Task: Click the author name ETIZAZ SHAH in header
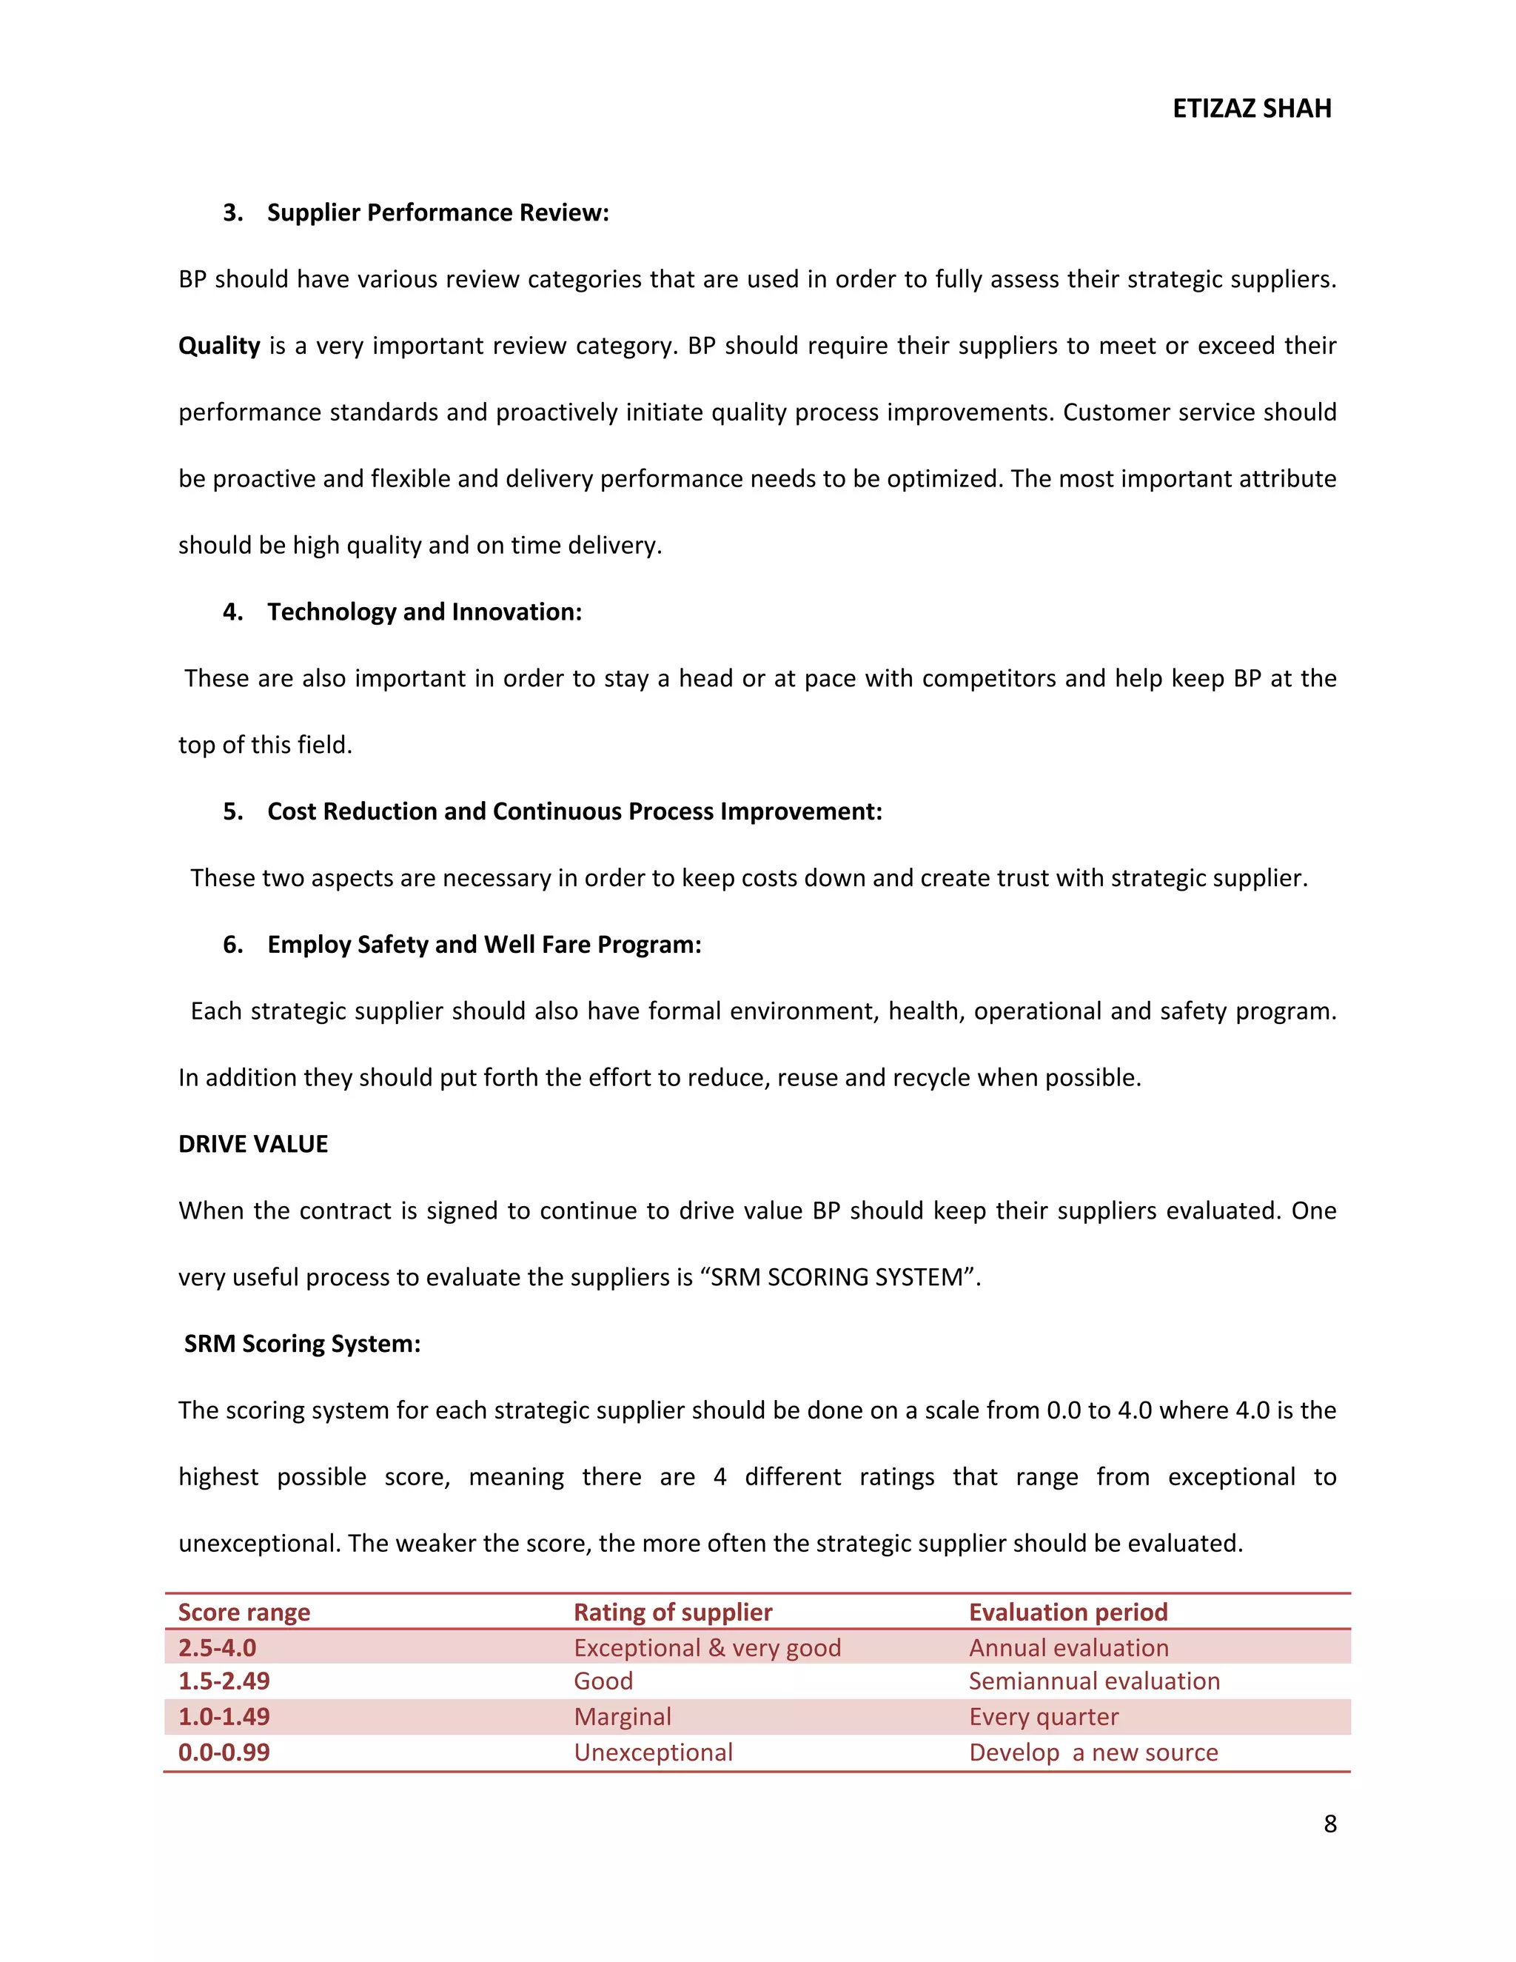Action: pyautogui.click(x=1251, y=109)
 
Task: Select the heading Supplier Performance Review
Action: pyautogui.click(x=437, y=213)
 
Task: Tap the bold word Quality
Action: pyautogui.click(x=219, y=346)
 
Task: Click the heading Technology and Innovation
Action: pyautogui.click(x=424, y=612)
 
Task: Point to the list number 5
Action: pyautogui.click(x=232, y=811)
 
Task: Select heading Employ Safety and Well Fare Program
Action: pyautogui.click(x=484, y=944)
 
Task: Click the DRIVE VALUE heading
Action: pyautogui.click(x=253, y=1144)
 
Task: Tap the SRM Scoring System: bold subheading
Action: pyautogui.click(x=303, y=1343)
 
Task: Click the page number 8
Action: pyautogui.click(x=1330, y=1823)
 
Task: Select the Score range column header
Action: pyautogui.click(x=244, y=1612)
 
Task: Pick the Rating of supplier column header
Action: pyautogui.click(x=673, y=1612)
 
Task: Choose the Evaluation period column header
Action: pyautogui.click(x=1068, y=1612)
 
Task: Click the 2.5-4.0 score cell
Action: pyautogui.click(x=218, y=1647)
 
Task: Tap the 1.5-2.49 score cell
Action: pyautogui.click(x=224, y=1681)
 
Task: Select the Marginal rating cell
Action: pyautogui.click(x=623, y=1717)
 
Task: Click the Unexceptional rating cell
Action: pyautogui.click(x=653, y=1752)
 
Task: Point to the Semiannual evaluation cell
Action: pyautogui.click(x=1094, y=1681)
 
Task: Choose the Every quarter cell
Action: pyautogui.click(x=1044, y=1717)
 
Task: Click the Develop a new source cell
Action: pyautogui.click(x=1093, y=1752)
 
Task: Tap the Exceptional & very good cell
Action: pyautogui.click(x=707, y=1647)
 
